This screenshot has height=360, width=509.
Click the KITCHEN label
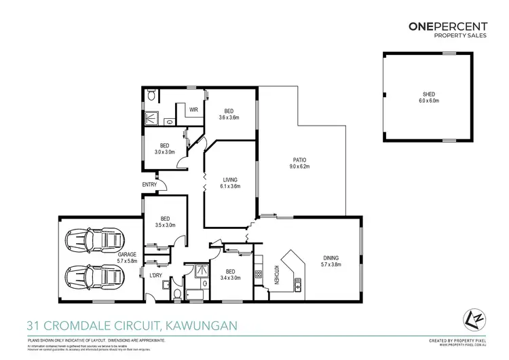coord(277,274)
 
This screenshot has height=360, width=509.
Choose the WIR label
coord(193,109)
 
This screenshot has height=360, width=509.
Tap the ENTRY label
coord(149,185)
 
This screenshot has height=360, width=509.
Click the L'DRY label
coord(155,275)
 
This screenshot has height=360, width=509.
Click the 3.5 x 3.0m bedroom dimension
coord(165,225)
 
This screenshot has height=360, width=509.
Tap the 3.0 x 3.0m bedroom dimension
coord(165,152)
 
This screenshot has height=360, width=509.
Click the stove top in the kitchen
coord(258,274)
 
